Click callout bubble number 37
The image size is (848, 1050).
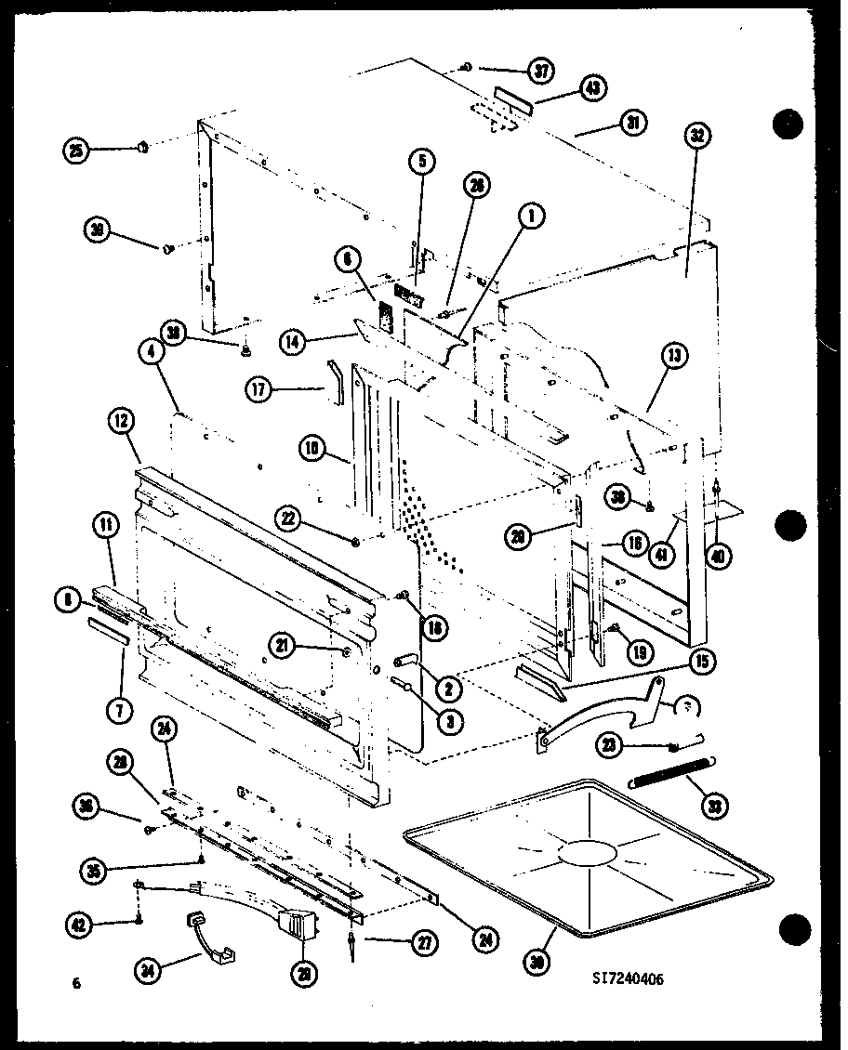(x=540, y=70)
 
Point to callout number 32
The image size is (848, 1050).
(x=696, y=137)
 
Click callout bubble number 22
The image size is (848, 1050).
(x=291, y=517)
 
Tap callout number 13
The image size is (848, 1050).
(x=675, y=357)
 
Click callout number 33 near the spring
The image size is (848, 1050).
(x=715, y=807)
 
